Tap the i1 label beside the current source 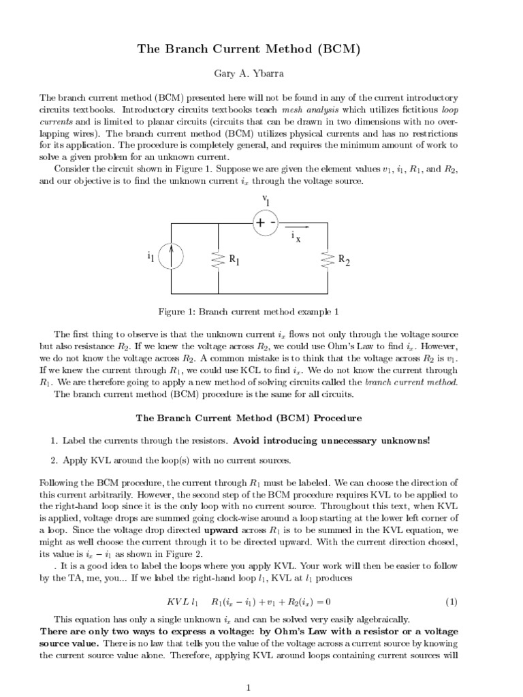151,257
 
